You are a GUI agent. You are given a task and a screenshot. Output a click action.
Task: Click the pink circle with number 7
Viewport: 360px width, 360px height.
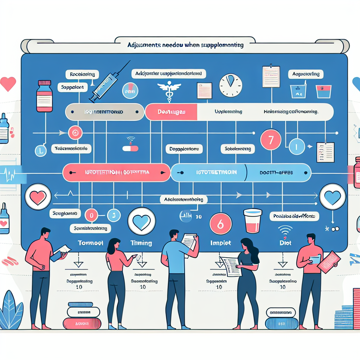point(270,139)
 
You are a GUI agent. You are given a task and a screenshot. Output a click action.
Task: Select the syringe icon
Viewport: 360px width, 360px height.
point(106,83)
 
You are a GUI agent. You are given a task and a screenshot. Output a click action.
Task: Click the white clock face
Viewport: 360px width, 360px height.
point(231,85)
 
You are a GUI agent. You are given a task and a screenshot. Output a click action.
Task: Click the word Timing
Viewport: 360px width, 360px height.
point(141,243)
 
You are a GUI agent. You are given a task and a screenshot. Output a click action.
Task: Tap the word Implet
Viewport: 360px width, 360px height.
point(220,243)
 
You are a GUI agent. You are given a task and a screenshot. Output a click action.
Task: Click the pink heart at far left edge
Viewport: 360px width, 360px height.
point(8,84)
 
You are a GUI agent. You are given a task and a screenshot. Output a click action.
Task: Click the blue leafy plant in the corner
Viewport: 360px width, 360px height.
point(11,311)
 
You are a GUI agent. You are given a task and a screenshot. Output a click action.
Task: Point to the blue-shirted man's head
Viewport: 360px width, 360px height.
point(174,234)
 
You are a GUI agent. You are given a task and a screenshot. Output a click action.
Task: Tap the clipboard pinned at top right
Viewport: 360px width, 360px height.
point(271,76)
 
